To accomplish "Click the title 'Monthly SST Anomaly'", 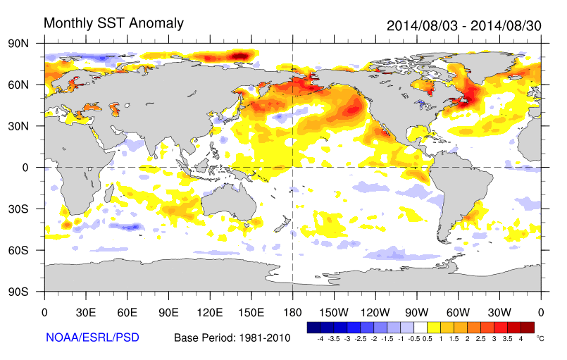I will pos(113,23).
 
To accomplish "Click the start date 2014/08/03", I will pos(422,25).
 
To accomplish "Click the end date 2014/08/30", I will pos(506,25).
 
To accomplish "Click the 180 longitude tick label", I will pos(292,312).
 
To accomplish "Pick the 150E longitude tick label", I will pos(251,312).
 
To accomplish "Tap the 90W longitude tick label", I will pos(416,312).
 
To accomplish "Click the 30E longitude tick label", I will pos(86,312).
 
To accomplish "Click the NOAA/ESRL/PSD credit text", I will pos(92,338).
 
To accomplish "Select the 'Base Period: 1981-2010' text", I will pos(232,338).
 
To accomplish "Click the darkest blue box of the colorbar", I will pos(314,328).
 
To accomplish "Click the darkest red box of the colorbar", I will pos(528,328).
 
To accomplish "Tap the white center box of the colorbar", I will pos(421,328).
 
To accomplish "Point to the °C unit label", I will pos(541,339).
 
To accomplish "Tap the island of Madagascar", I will pos(111,192).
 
